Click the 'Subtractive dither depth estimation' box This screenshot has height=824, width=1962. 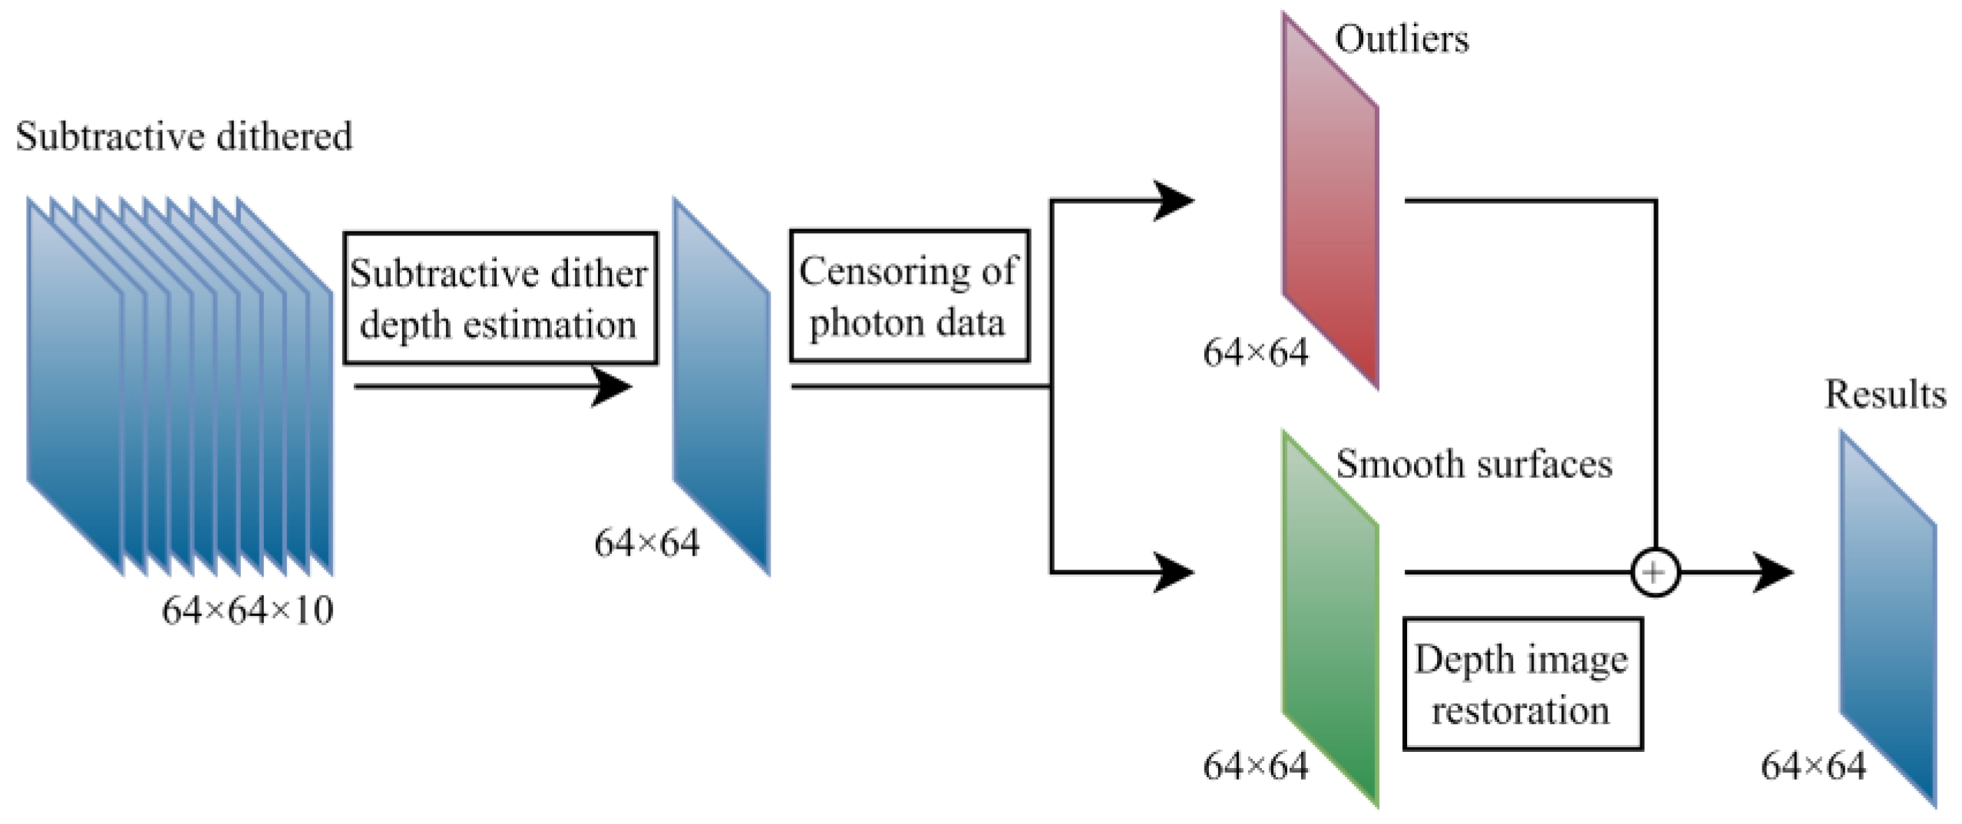click(x=500, y=298)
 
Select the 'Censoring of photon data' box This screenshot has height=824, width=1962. click(x=909, y=296)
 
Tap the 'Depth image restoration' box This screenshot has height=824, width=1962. click(x=1522, y=684)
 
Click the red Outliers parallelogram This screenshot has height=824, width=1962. click(x=1329, y=201)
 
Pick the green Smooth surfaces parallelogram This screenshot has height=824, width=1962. click(x=1329, y=618)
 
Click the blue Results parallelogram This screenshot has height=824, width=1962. click(x=1888, y=618)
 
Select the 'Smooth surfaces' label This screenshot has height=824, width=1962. click(x=1474, y=464)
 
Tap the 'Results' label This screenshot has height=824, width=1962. click(x=1885, y=395)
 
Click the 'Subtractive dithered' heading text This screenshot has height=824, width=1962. click(x=184, y=137)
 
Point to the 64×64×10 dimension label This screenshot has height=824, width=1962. click(x=248, y=611)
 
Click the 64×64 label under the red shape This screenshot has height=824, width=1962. click(x=1255, y=354)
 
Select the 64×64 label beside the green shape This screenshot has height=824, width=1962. click(x=1255, y=766)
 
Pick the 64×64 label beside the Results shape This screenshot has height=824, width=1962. click(x=1813, y=766)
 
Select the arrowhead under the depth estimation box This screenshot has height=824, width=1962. click(x=611, y=386)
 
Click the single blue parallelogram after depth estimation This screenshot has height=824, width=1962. click(x=722, y=386)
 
